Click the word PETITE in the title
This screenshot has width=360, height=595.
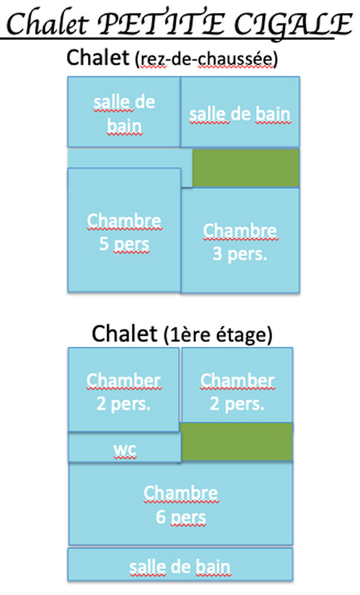[161, 25]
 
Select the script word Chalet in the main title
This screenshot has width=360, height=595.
[48, 25]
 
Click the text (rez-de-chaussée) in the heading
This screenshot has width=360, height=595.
[206, 59]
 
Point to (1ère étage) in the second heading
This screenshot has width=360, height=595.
[218, 335]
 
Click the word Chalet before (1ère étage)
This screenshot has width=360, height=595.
[124, 334]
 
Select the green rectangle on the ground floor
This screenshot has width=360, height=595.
[245, 168]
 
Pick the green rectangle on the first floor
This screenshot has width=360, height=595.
[237, 442]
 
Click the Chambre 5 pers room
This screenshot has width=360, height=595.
[124, 230]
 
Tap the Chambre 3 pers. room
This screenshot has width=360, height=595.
[240, 240]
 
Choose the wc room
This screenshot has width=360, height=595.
[124, 448]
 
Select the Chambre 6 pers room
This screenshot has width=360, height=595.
[181, 504]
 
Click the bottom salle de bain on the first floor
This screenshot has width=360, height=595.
[180, 565]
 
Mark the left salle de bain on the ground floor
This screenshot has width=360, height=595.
[123, 112]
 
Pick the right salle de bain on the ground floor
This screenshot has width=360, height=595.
[240, 112]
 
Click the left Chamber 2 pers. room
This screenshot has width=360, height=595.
[123, 390]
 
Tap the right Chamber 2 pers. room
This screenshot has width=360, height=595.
[237, 385]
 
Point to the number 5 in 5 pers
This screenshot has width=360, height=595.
[104, 244]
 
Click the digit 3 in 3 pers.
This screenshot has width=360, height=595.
[217, 254]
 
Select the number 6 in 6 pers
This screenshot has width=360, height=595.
[161, 517]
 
